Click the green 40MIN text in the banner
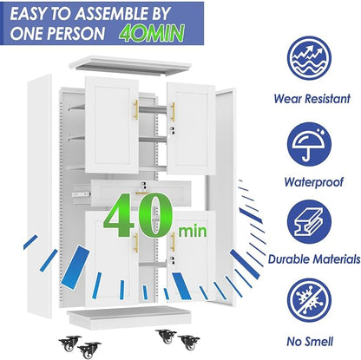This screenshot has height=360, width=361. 152,33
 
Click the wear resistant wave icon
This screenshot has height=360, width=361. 309,58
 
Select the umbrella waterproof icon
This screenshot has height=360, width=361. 309,145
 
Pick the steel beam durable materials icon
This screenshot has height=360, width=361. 309,222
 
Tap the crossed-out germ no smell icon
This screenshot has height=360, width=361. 309,300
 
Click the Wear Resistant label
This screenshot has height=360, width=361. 312,99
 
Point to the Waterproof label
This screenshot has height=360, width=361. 313,182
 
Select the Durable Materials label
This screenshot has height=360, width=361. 314,259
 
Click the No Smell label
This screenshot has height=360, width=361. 310,342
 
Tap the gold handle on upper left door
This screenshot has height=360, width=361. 136,110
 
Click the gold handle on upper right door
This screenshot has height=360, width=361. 173,112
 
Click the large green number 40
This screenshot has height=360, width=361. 139,215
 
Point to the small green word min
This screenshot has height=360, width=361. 193,232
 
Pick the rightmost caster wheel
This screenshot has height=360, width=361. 188,343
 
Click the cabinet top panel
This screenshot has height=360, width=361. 130,66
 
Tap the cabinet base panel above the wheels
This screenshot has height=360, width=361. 129,317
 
